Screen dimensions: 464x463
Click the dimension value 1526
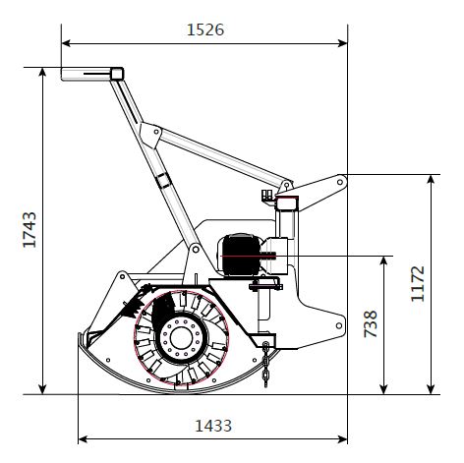[205, 29]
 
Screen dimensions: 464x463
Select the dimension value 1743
[29, 229]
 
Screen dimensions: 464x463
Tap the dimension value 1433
[213, 426]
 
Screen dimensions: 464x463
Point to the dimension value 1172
[418, 283]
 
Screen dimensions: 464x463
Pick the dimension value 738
[371, 323]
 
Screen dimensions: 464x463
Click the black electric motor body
[241, 255]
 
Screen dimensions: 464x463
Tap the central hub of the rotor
[181, 338]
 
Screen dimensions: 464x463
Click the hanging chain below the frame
[265, 365]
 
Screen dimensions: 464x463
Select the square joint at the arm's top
[117, 74]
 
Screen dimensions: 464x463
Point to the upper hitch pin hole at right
[340, 182]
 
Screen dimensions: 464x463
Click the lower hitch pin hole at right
[339, 325]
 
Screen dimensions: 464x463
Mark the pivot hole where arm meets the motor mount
[196, 250]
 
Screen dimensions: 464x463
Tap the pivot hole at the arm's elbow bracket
[156, 132]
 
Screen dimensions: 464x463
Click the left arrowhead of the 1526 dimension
[66, 43]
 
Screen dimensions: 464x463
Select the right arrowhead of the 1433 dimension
[343, 439]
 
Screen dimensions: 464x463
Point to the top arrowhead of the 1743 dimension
[42, 72]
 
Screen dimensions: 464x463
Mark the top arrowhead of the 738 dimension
[384, 260]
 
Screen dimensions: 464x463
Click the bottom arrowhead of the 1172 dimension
[432, 389]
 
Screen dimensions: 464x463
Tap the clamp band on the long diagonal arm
[163, 181]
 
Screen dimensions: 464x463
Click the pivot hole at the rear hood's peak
[122, 277]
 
